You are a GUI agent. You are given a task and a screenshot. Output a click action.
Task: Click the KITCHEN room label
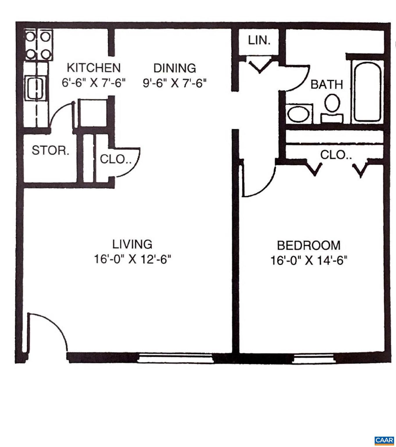click(93, 68)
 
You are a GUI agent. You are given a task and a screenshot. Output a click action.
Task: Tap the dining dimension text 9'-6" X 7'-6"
click(175, 84)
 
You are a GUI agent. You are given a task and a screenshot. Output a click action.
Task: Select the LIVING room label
click(132, 244)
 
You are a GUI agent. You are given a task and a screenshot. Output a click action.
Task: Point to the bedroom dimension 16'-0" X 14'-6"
click(309, 260)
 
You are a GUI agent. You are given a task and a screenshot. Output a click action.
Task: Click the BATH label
click(327, 85)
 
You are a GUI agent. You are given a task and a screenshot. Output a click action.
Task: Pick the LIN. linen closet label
click(259, 40)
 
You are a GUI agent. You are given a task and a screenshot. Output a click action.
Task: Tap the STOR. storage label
click(51, 151)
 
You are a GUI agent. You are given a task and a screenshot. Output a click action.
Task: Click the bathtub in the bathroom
click(367, 91)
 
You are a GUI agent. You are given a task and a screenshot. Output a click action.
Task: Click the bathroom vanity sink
click(298, 114)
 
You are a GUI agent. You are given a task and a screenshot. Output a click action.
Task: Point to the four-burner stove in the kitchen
click(38, 45)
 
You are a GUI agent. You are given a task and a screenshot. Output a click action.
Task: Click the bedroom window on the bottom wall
click(313, 359)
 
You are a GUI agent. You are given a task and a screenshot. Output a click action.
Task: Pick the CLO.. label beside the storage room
click(115, 159)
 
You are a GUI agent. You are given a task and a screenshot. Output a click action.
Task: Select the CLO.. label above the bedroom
click(336, 155)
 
